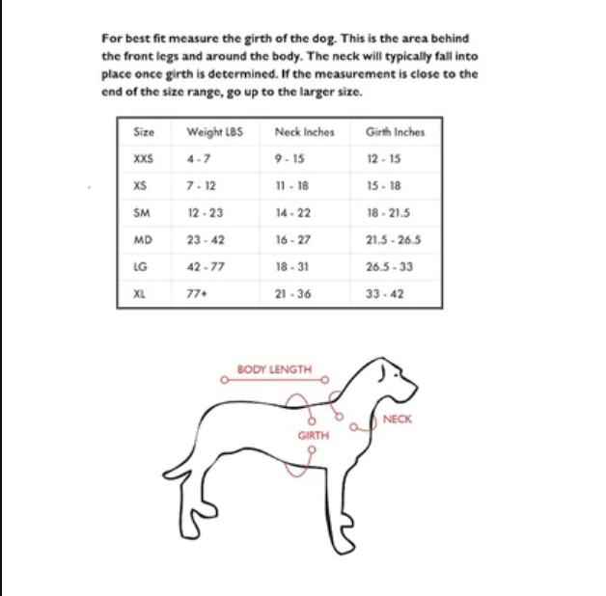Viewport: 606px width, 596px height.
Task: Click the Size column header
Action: [x=144, y=131]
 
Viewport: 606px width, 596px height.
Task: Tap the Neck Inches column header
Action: [x=304, y=131]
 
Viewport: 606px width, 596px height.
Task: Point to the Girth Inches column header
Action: [x=395, y=131]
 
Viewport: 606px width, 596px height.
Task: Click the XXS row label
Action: [x=143, y=158]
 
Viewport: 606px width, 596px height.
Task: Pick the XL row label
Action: [x=139, y=293]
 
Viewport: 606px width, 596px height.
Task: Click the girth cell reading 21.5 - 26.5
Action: [x=394, y=239]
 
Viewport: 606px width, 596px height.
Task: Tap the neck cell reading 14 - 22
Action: [x=292, y=212]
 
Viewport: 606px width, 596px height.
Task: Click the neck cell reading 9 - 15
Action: [x=290, y=158]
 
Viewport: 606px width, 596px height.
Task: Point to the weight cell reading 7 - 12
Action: [x=201, y=185]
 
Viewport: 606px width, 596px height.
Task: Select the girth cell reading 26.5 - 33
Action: [x=390, y=266]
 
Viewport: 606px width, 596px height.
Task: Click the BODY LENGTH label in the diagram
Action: [x=275, y=369]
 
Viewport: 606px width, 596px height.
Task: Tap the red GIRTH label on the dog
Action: [x=313, y=436]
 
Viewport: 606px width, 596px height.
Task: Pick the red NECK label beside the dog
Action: [x=397, y=420]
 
